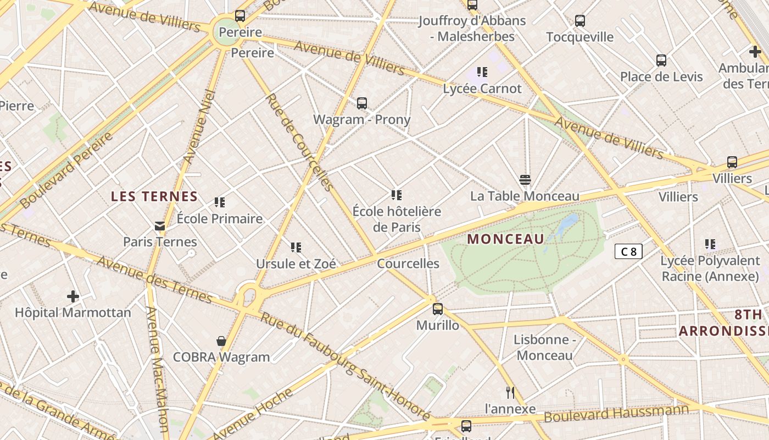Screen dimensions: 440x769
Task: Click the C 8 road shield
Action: pos(628,252)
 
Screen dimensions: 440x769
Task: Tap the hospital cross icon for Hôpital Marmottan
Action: pos(73,297)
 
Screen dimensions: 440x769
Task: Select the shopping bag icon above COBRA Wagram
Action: pos(221,342)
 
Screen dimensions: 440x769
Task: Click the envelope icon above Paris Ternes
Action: pos(160,226)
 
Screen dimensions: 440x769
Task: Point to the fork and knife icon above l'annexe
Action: pos(510,392)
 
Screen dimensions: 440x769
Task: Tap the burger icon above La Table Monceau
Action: pos(525,180)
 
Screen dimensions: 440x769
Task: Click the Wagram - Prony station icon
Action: pos(362,103)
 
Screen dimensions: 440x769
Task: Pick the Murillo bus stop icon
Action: pos(438,309)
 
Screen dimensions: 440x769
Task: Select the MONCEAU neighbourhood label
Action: pos(506,239)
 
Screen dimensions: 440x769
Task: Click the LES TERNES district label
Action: pos(154,196)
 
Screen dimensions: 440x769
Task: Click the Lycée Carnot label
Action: pos(482,89)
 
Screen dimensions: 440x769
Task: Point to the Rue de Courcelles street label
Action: pos(299,142)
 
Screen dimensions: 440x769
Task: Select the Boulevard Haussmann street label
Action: pos(616,414)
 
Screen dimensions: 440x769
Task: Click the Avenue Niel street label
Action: pos(199,127)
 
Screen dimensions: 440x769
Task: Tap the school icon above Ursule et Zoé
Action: pos(296,248)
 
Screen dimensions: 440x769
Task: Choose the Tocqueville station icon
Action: pos(580,21)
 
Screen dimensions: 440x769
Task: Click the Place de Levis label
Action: pos(661,76)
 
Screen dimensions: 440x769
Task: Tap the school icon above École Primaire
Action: pos(220,202)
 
